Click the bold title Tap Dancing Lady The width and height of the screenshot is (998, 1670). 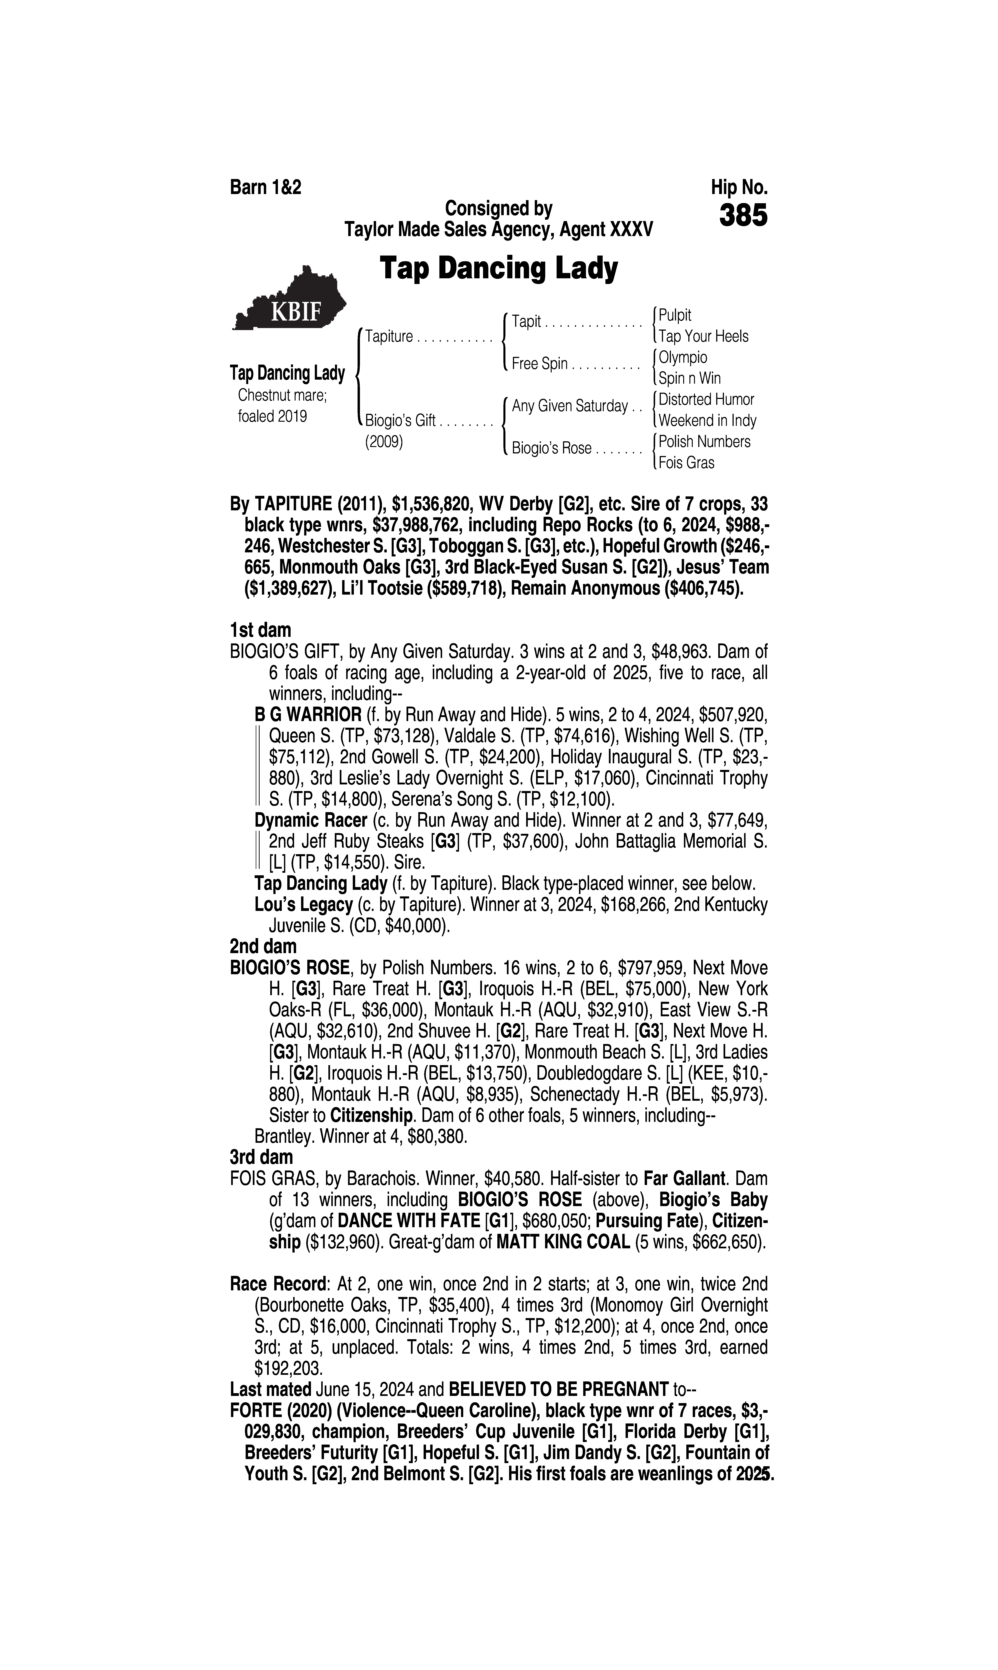(x=498, y=268)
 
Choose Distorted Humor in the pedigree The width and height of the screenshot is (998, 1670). (x=706, y=400)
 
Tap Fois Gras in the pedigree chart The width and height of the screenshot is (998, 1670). (x=686, y=463)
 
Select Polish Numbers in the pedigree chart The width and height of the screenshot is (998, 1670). (x=704, y=442)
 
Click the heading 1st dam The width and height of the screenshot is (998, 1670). (x=260, y=630)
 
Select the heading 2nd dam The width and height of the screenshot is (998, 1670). (x=263, y=947)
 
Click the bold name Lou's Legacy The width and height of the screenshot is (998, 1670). (x=303, y=905)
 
